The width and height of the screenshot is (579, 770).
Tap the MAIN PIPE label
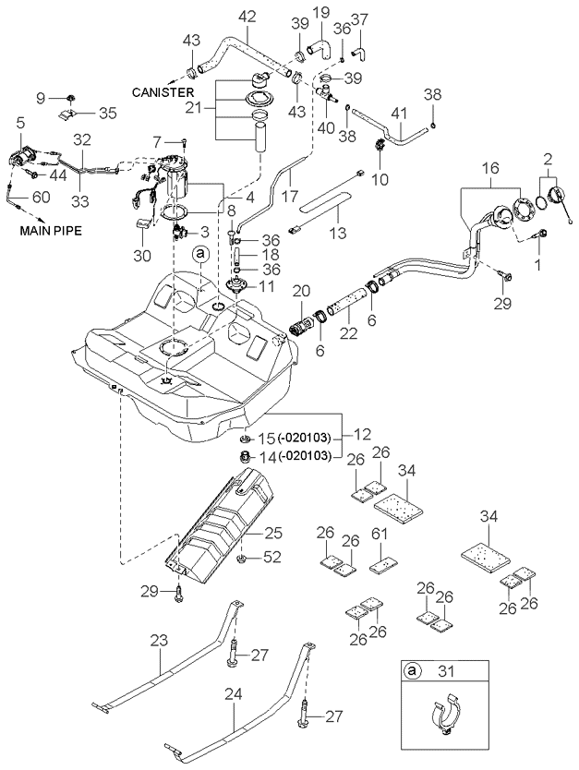pos(50,233)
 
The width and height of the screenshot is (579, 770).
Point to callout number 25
pos(272,534)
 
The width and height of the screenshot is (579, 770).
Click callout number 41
pos(399,114)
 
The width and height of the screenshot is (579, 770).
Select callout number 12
pos(357,434)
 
